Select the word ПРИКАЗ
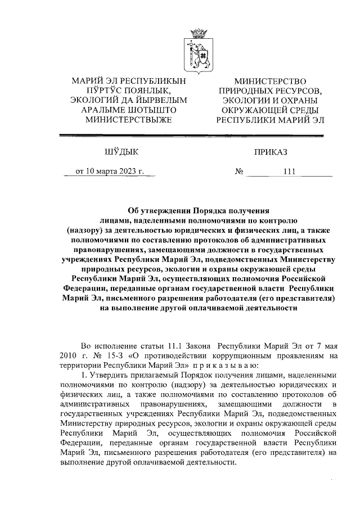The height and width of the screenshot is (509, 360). pos(270,151)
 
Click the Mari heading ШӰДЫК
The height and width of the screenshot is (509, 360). pos(120,151)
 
